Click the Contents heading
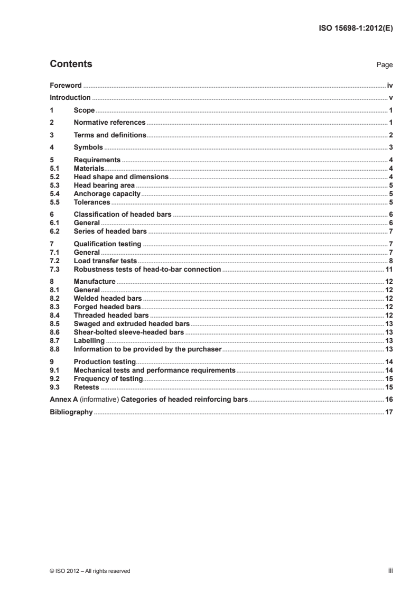pyautogui.click(x=71, y=64)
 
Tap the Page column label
pyautogui.click(x=384, y=65)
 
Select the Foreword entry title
pyautogui.click(x=66, y=85)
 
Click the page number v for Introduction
pyautogui.click(x=390, y=98)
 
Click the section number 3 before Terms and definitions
pyautogui.click(x=51, y=135)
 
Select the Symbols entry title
pyautogui.click(x=88, y=147)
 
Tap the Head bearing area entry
pyautogui.click(x=104, y=185)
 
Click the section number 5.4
pyautogui.click(x=54, y=194)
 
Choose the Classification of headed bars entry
pyautogui.click(x=123, y=215)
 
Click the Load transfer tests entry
pyautogui.click(x=105, y=261)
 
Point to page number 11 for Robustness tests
pyautogui.click(x=389, y=269)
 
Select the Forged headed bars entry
pyautogui.click(x=107, y=307)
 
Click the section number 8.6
pyautogui.click(x=54, y=332)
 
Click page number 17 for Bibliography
pyautogui.click(x=389, y=412)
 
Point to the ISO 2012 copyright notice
pyautogui.click(x=90, y=571)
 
